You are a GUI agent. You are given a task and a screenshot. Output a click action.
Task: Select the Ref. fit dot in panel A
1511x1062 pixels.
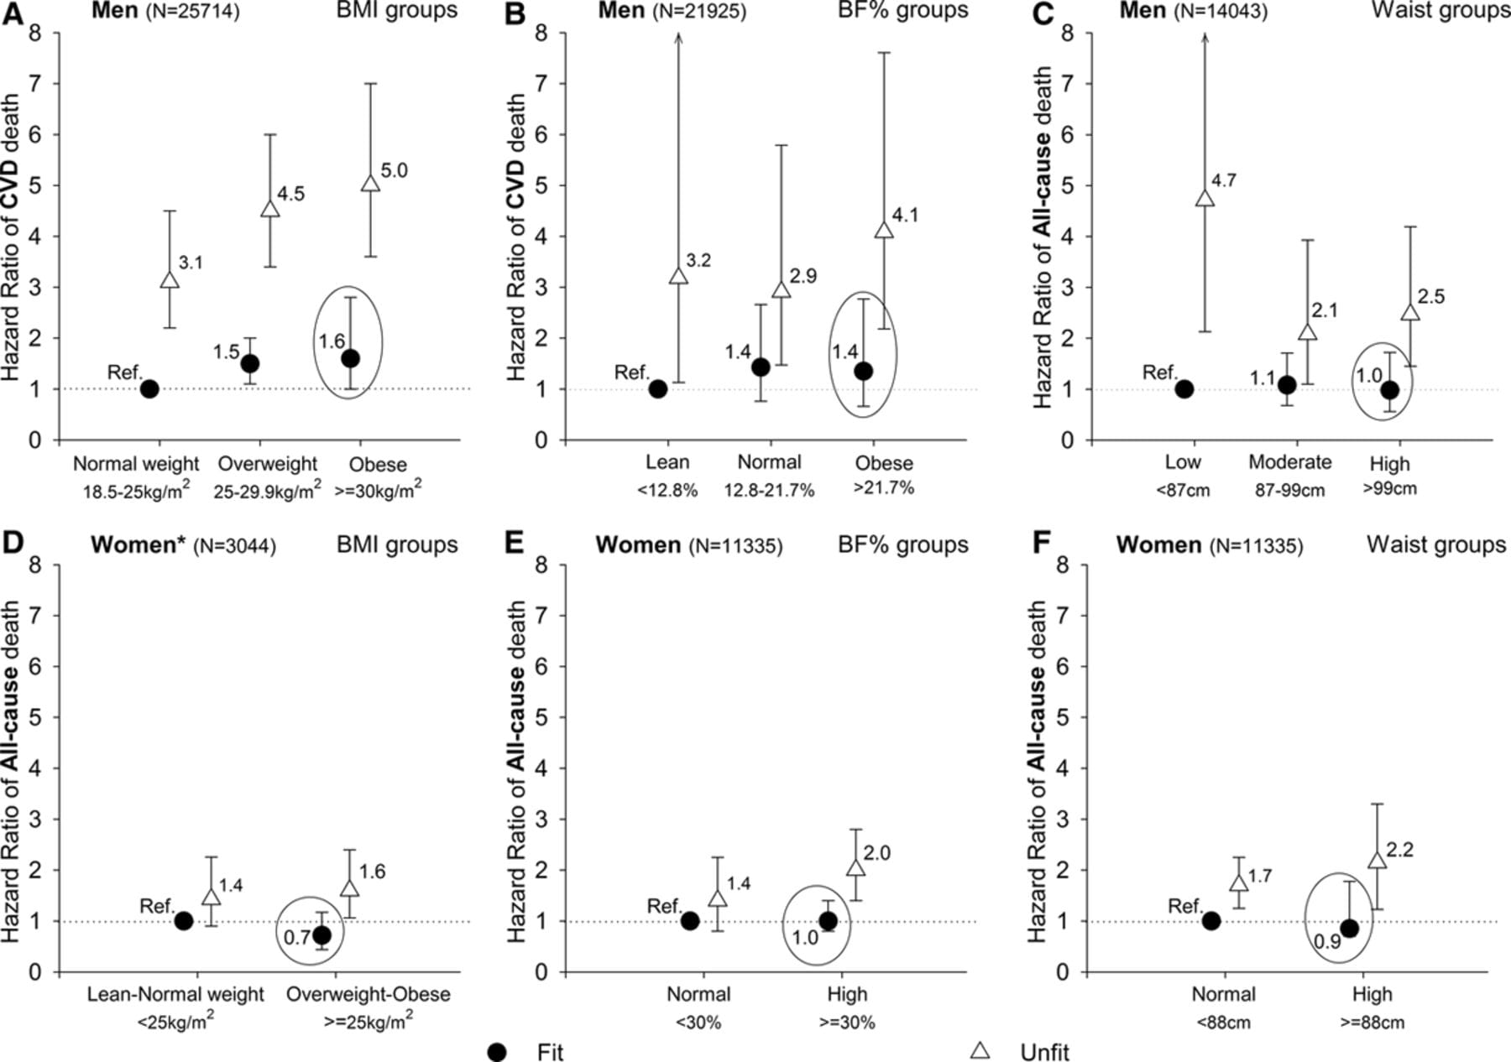tap(149, 389)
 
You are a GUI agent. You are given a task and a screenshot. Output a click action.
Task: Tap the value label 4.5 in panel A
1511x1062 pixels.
tap(290, 194)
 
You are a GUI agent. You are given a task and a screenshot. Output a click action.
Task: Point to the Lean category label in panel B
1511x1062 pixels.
tap(667, 462)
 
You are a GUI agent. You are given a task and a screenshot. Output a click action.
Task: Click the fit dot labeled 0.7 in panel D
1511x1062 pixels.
tap(322, 934)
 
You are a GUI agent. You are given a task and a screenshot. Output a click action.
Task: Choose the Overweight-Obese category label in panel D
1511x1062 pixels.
tap(368, 994)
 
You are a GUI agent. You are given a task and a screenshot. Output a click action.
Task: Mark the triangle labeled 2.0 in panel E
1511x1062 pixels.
tap(855, 868)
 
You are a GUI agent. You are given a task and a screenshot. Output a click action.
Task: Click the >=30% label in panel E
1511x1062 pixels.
tap(847, 1022)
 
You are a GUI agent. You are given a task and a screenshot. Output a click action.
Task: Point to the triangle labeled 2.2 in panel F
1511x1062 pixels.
tap(1377, 861)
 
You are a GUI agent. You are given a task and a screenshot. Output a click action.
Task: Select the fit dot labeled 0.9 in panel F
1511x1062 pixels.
tap(1349, 928)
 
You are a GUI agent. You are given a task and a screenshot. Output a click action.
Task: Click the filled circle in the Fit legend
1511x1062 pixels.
tap(497, 1052)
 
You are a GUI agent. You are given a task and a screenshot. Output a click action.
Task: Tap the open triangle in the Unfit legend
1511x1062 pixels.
tap(980, 1050)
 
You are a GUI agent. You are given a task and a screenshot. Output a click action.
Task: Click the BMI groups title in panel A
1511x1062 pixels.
tap(397, 11)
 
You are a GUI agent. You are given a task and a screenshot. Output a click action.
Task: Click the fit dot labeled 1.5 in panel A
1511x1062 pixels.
tap(249, 364)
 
